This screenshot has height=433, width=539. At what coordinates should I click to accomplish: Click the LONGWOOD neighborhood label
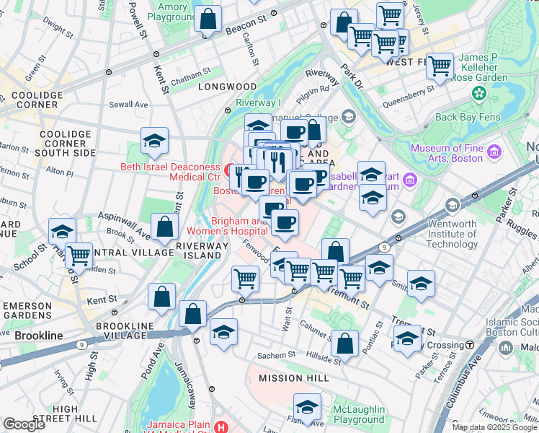click(227, 86)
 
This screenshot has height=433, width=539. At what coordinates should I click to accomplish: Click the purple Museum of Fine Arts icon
click(494, 152)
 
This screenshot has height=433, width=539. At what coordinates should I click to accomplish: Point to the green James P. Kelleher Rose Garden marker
click(478, 94)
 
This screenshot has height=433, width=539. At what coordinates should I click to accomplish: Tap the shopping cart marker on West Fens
click(439, 66)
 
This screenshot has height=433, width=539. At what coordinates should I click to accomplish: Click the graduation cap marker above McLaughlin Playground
click(308, 408)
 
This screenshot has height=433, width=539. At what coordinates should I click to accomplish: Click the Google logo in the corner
click(24, 424)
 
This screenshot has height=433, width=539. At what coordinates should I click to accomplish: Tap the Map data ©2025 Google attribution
click(494, 427)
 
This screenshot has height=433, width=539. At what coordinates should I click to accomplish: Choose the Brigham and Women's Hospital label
click(227, 226)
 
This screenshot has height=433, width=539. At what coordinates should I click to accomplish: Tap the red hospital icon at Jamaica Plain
click(220, 427)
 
